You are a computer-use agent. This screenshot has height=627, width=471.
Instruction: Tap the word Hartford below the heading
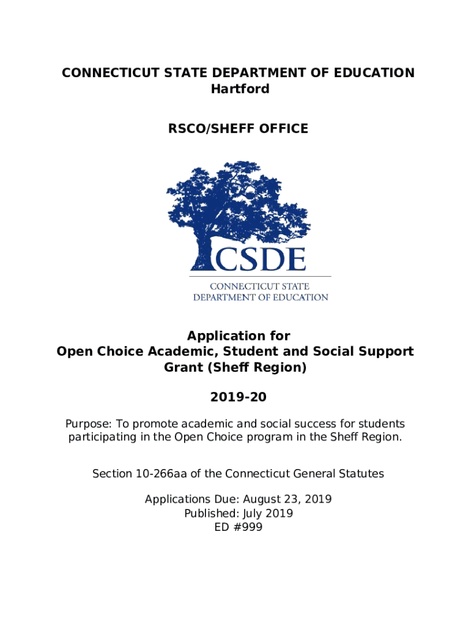(x=240, y=89)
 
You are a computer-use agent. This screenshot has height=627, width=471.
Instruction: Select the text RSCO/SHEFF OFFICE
(x=239, y=129)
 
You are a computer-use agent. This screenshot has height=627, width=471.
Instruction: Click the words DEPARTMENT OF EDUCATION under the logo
(x=261, y=297)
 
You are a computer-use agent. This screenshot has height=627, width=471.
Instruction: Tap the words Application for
(x=239, y=336)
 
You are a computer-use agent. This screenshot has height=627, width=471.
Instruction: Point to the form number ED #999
(x=239, y=527)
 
